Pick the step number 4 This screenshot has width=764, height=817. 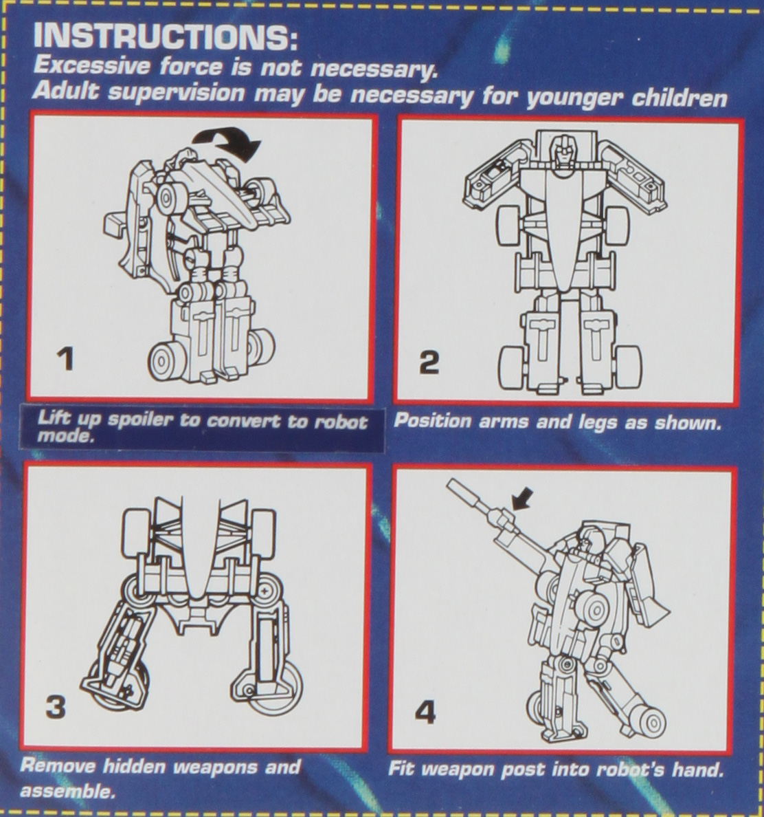point(425,712)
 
